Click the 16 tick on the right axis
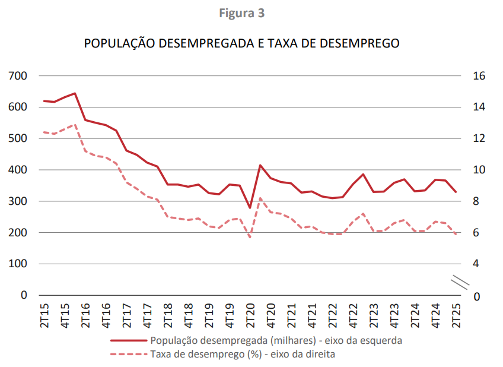(479, 76)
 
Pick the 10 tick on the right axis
(479, 170)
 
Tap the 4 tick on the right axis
(476, 264)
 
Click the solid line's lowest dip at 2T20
(250, 208)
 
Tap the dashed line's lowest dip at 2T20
(250, 238)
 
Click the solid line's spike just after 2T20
(260, 165)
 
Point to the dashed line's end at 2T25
(456, 235)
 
